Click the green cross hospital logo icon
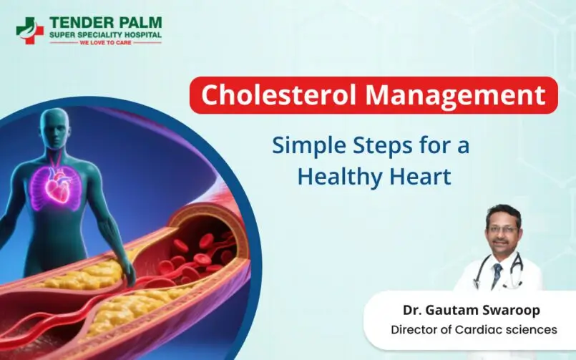(x=29, y=30)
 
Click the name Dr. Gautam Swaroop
(x=472, y=310)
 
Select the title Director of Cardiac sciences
(x=473, y=330)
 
